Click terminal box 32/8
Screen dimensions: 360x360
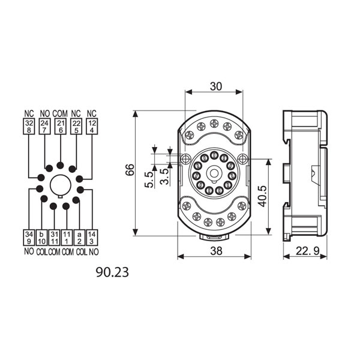29,126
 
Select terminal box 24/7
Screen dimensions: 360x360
44,126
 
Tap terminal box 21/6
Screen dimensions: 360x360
61,126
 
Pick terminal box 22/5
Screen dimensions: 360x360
76,126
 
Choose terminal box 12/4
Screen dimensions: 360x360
92,126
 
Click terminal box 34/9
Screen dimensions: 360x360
29,238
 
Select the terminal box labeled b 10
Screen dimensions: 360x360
41,238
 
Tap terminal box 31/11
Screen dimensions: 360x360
54,238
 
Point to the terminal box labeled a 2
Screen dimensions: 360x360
79,238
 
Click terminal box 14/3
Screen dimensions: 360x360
92,238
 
